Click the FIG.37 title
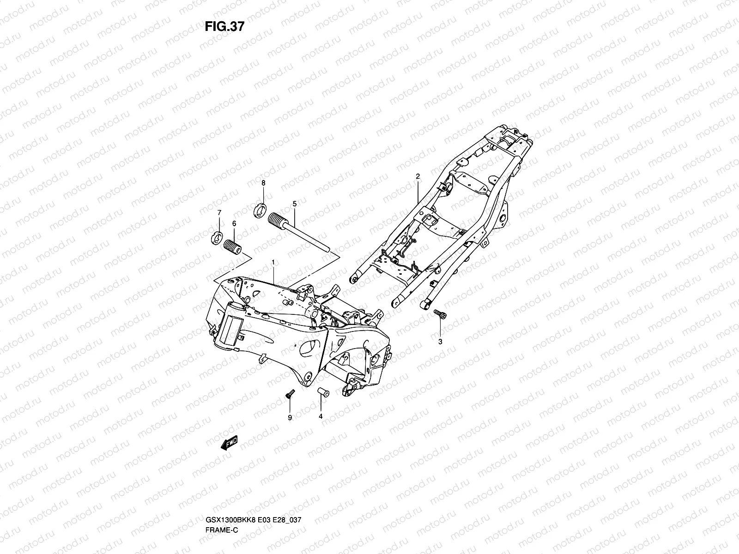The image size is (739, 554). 224,27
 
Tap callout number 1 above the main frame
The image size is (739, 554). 273,262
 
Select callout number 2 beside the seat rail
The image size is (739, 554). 418,176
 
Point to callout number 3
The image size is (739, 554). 440,342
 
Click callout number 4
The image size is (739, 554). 321,416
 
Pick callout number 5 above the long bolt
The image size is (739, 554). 295,204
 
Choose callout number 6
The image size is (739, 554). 234,224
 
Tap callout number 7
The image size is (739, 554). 219,212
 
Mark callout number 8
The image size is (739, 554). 263,183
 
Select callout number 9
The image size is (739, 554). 290,417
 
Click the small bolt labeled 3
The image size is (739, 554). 440,313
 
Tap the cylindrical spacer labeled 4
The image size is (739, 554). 323,392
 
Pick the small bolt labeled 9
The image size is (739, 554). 290,394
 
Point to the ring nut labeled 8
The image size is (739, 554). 260,211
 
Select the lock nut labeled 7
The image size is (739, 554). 217,238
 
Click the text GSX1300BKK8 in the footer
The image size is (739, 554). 231,520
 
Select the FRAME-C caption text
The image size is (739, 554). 222,530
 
